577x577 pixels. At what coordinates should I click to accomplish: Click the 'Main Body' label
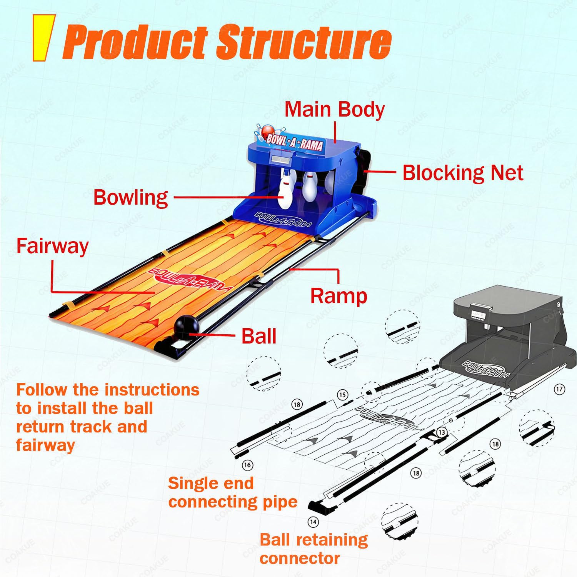[x=334, y=109]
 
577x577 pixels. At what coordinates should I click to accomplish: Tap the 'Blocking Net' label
[x=463, y=173]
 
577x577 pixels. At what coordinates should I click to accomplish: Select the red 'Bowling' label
[x=131, y=198]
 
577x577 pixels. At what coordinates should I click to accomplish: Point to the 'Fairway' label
[x=52, y=246]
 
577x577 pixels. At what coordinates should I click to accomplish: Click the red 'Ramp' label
[x=339, y=296]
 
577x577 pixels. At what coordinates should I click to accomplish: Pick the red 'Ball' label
[x=259, y=336]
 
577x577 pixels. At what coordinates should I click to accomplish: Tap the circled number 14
[x=313, y=522]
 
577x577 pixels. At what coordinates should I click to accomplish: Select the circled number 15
[x=342, y=395]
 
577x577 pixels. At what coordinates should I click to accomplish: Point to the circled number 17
[x=559, y=389]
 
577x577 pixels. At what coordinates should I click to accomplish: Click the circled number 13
[x=442, y=432]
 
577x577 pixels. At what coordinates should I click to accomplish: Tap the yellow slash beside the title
[x=43, y=38]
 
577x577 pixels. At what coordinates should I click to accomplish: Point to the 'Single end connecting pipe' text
[x=233, y=492]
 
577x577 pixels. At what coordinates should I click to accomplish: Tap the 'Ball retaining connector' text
[x=314, y=549]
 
